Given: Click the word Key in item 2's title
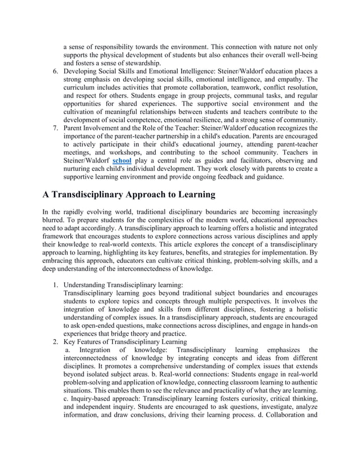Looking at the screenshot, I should click(70, 341).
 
